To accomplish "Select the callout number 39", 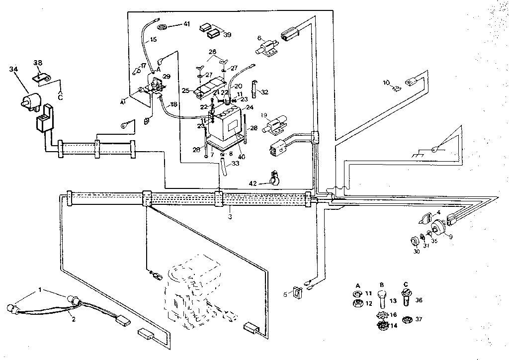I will pyautogui.click(x=227, y=34).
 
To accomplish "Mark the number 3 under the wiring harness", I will pyautogui.click(x=230, y=217).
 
